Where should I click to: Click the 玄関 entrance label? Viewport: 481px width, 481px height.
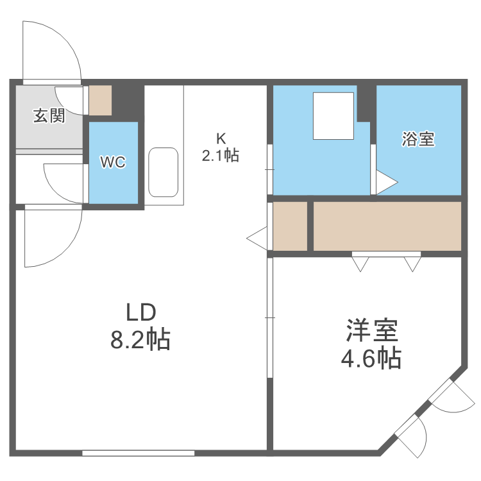pos(49,116)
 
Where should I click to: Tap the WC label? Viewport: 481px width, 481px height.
pos(113,162)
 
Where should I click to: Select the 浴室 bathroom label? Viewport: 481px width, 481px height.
pos(418,139)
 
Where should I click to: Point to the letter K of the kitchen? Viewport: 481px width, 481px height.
pos(221,138)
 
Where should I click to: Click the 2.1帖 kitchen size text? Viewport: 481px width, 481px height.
pos(221,155)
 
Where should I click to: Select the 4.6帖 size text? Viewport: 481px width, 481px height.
pos(371,358)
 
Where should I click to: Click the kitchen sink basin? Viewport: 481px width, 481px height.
pos(164,172)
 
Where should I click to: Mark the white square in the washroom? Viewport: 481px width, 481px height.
pos(333,115)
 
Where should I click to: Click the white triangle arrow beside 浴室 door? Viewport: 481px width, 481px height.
pos(386,182)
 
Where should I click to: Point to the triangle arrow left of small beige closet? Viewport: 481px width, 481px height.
pos(257,237)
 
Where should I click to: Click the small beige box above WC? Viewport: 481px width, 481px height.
pos(100,99)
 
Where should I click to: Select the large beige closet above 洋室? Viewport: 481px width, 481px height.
pos(387,226)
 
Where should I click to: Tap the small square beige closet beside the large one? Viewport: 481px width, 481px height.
pos(291,226)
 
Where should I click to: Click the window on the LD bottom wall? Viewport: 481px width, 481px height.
pos(138,453)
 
